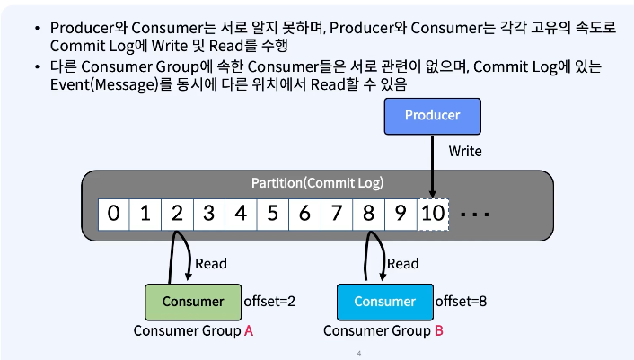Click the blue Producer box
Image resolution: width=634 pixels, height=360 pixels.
(433, 115)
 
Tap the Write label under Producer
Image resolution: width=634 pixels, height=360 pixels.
(465, 151)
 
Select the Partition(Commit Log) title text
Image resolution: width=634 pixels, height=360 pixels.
(317, 183)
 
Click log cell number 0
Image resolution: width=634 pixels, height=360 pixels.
(113, 214)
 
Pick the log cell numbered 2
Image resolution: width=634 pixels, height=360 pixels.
(177, 214)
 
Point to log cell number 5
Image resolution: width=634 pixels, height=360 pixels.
(273, 214)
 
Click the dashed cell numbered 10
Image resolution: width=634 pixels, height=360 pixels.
(433, 214)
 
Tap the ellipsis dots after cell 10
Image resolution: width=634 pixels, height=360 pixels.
(473, 215)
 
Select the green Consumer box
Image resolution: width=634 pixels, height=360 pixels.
(193, 302)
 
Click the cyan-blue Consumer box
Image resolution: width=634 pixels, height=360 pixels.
(384, 302)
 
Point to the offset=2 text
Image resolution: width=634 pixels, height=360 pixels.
(269, 302)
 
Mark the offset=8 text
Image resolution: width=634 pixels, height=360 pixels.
(461, 302)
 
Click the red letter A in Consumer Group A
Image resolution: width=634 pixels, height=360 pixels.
(249, 330)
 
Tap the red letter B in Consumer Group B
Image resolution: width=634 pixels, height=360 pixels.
(439, 330)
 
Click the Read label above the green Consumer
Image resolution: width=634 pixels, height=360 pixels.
(211, 263)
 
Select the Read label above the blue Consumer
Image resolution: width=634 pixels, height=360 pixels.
(402, 263)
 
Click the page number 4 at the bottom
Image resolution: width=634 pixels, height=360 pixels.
(358, 353)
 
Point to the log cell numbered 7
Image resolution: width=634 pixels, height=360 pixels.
(337, 214)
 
